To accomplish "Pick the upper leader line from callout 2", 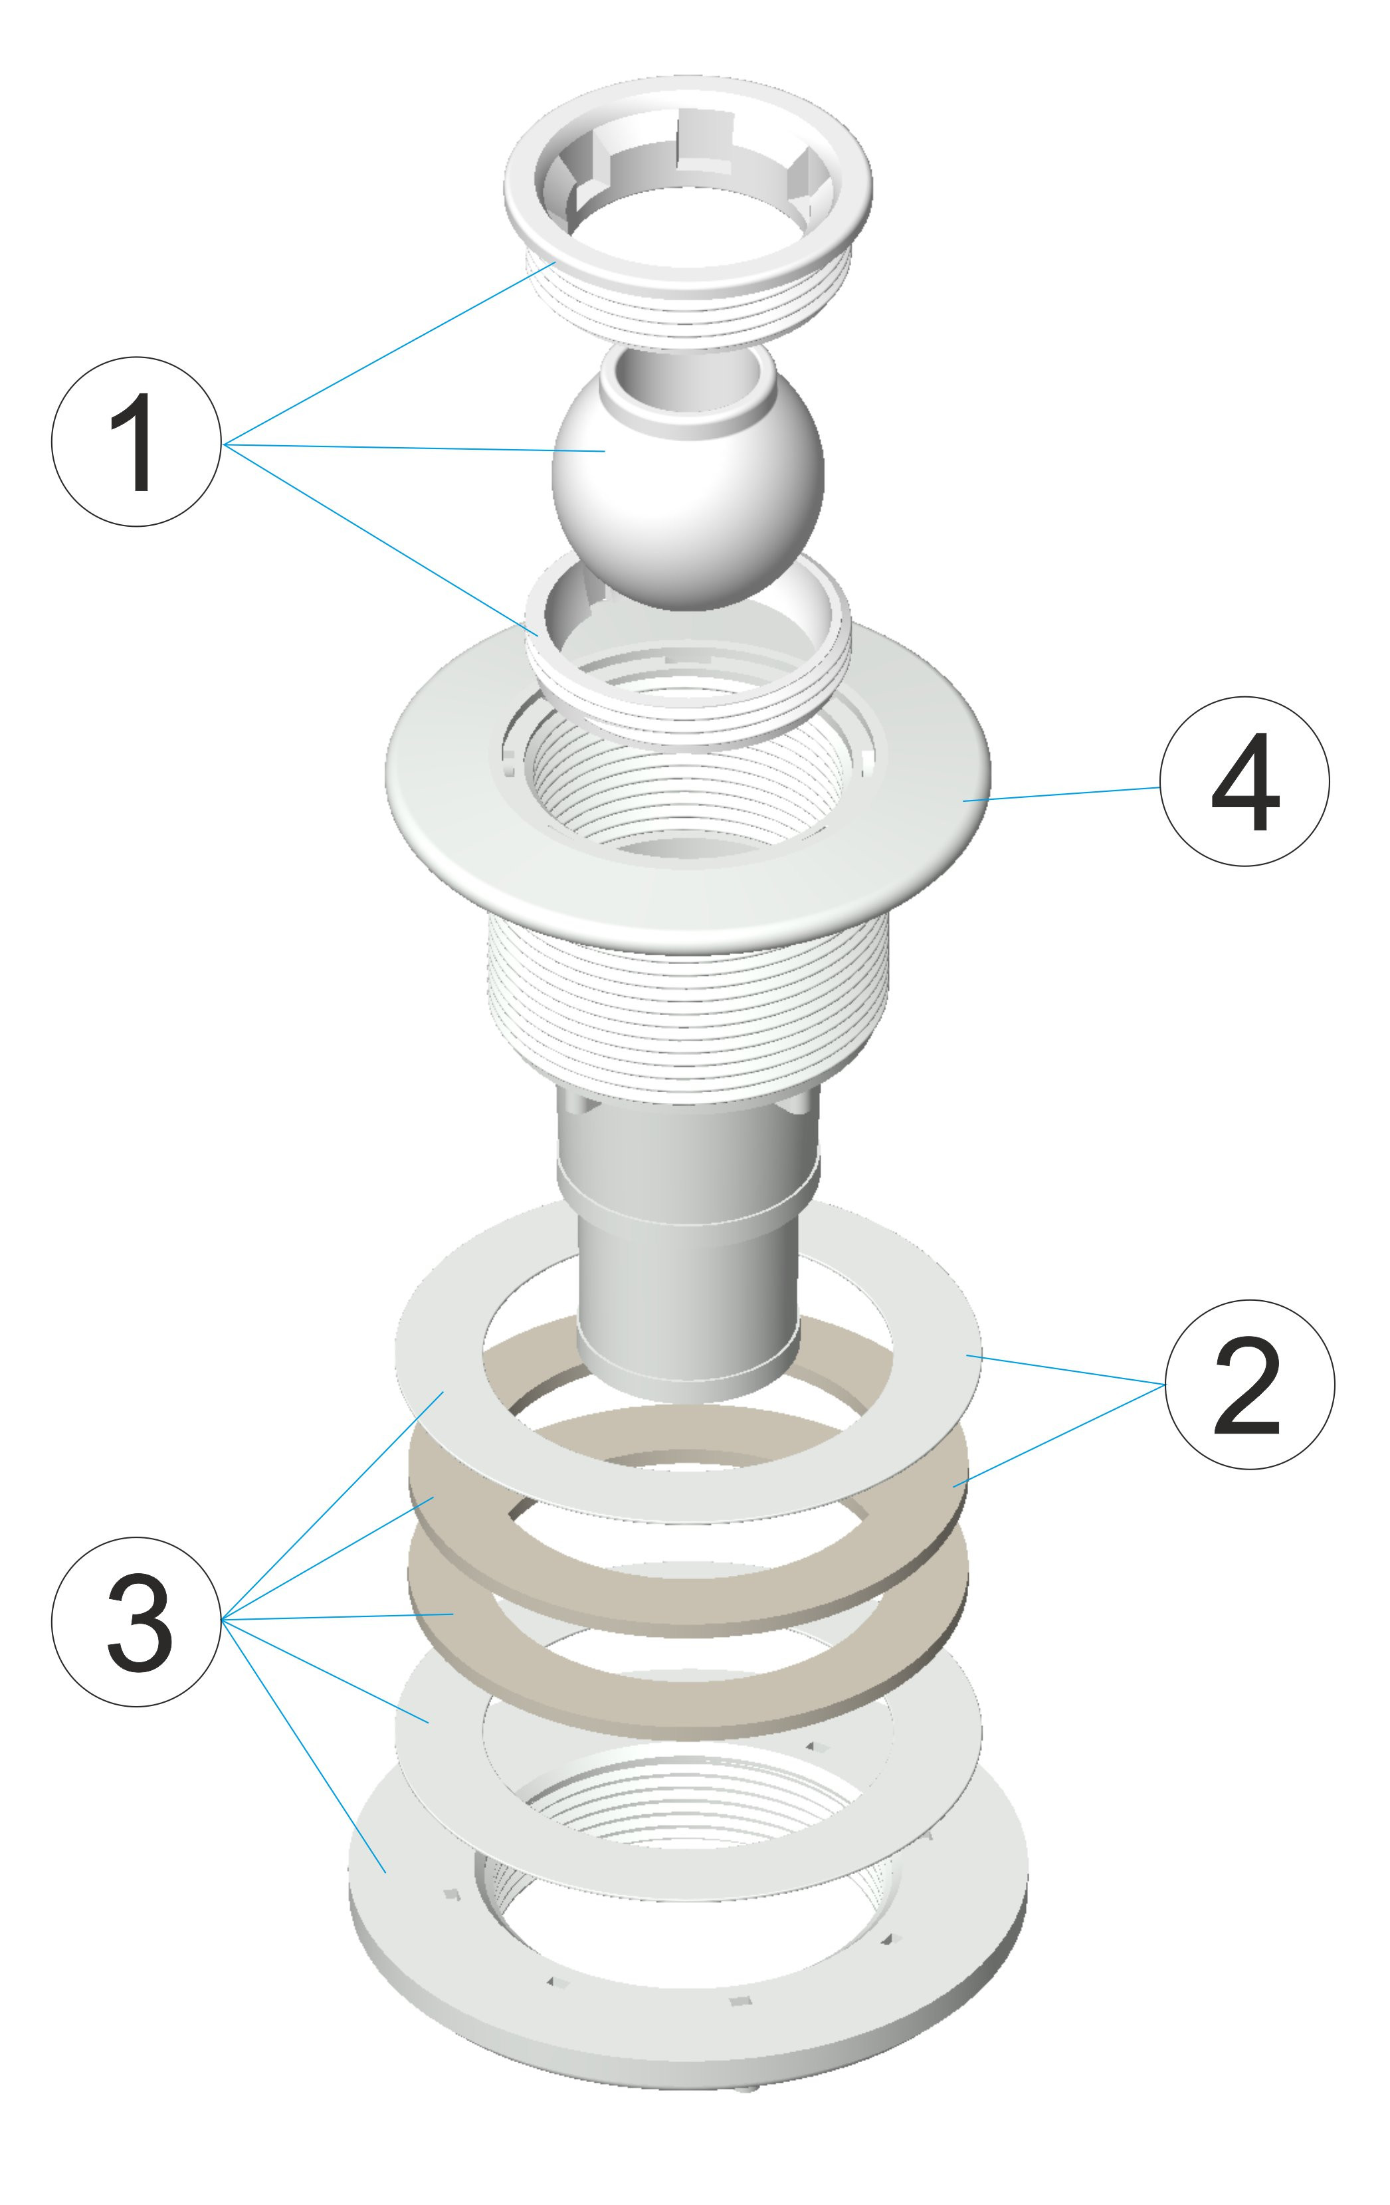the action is (1065, 1370).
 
